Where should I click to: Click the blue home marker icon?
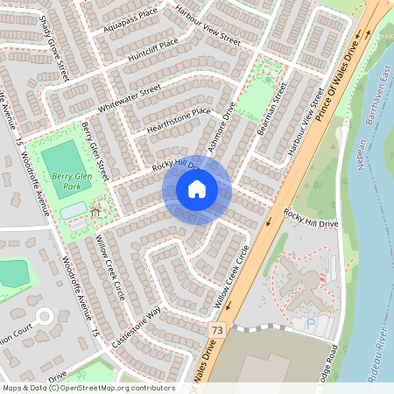(197, 189)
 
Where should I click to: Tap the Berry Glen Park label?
(72, 181)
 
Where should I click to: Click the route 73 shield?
(217, 327)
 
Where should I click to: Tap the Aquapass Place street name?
(130, 16)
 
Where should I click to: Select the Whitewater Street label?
(130, 96)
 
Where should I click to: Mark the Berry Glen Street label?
(94, 149)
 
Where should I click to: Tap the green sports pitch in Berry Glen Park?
(60, 158)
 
